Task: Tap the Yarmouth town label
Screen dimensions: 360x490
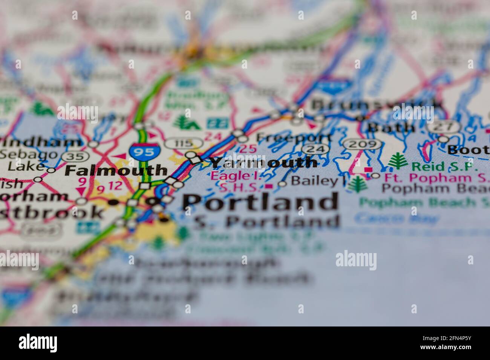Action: pyautogui.click(x=264, y=162)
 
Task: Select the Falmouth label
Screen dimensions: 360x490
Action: pyautogui.click(x=116, y=171)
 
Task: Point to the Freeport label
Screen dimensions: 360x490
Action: pyautogui.click(x=294, y=137)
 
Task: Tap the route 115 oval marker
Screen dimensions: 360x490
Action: pyautogui.click(x=184, y=143)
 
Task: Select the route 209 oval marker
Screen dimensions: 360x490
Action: pyautogui.click(x=362, y=144)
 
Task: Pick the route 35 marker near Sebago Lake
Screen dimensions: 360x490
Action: pyautogui.click(x=70, y=156)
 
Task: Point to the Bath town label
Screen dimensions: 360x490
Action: pyautogui.click(x=391, y=127)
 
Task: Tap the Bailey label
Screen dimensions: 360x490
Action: pyautogui.click(x=314, y=181)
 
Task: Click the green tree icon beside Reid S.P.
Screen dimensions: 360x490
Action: pyautogui.click(x=398, y=161)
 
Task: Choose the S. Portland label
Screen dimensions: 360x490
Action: pyautogui.click(x=266, y=222)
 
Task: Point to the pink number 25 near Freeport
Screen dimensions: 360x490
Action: pyautogui.click(x=248, y=148)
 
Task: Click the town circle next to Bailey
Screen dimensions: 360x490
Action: pyautogui.click(x=282, y=184)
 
